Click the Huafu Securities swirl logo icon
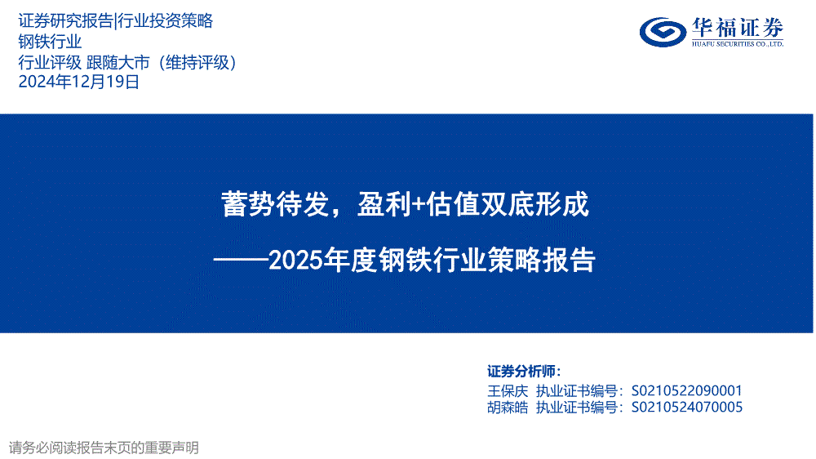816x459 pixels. [x=663, y=32]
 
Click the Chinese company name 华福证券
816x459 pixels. [x=738, y=27]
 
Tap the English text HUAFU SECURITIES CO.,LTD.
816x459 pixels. [x=738, y=44]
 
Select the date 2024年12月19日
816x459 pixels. [x=79, y=82]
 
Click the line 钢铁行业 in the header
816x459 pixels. [x=50, y=41]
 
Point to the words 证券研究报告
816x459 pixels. [x=65, y=20]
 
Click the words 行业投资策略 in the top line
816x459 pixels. [x=165, y=20]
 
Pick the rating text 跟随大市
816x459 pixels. [x=118, y=62]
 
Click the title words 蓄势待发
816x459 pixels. [x=275, y=203]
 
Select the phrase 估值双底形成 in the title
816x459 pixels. [x=508, y=203]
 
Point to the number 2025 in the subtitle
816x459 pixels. [x=295, y=261]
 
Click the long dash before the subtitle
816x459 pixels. [x=241, y=259]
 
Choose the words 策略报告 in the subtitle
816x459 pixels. [x=541, y=260]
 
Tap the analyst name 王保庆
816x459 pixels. [x=508, y=390]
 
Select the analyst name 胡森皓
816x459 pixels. [x=508, y=407]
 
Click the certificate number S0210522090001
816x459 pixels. [x=687, y=390]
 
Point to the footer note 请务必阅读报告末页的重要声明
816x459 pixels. [x=104, y=448]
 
